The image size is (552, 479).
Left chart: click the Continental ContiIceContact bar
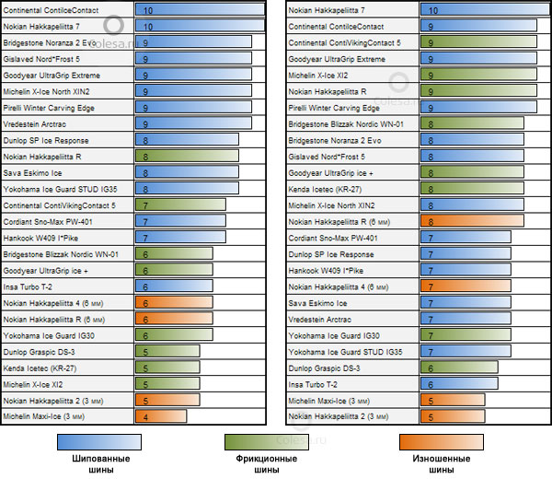coord(199,9)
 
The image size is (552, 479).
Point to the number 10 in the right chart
coord(431,9)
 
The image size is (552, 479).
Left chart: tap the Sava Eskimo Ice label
coord(32,172)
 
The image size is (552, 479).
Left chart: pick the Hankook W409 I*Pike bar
coord(180,238)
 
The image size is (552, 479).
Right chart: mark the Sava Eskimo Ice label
coord(317,303)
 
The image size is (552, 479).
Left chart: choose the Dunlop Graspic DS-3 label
coord(40,352)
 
